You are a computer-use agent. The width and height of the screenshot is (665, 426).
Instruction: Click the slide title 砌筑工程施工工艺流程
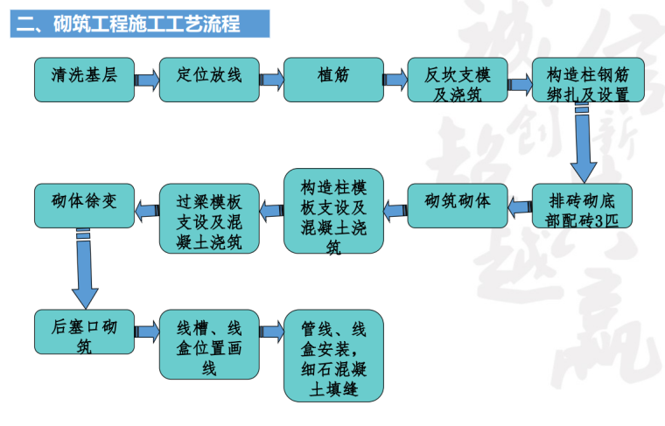[139, 23]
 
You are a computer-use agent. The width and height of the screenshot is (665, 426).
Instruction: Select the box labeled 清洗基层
[83, 80]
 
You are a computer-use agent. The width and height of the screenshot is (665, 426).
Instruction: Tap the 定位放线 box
[207, 80]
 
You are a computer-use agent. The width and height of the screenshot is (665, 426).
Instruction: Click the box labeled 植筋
[332, 80]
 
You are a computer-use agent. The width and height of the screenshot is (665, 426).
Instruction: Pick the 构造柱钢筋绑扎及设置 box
[581, 80]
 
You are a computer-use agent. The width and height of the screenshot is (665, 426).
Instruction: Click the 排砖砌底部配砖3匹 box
[581, 206]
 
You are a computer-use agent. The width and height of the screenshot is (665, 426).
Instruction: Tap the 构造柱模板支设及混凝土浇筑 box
[333, 212]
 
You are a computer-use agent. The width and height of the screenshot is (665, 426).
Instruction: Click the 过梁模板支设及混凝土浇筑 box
[209, 217]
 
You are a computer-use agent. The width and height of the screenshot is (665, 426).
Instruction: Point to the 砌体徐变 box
[83, 204]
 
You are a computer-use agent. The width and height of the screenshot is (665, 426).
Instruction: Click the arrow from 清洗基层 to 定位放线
[146, 80]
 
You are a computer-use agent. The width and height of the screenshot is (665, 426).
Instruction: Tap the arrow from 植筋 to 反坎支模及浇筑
[395, 80]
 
